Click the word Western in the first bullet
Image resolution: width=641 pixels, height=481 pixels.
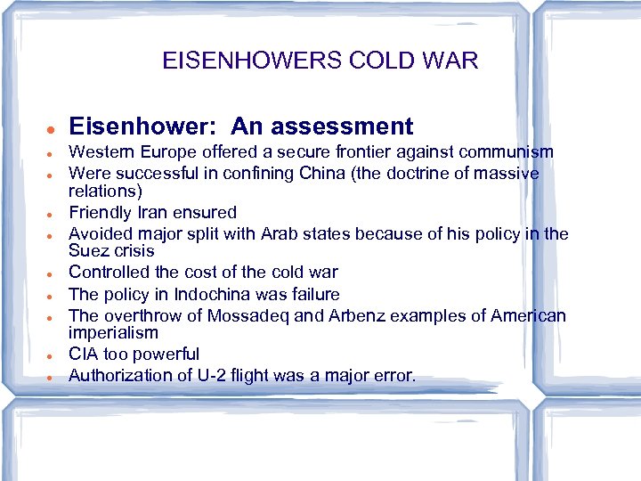(101, 152)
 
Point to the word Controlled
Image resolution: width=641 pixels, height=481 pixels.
(110, 273)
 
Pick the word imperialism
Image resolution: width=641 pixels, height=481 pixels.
(113, 333)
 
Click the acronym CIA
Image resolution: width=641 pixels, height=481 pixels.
(84, 355)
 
